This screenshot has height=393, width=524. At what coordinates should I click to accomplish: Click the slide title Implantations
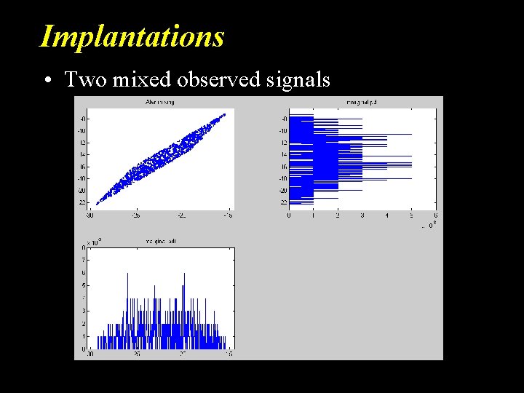(x=132, y=36)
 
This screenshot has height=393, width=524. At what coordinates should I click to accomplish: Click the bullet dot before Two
(x=46, y=79)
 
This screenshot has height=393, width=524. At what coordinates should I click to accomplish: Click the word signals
(x=298, y=79)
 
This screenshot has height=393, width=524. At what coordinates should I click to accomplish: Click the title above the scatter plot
(x=159, y=103)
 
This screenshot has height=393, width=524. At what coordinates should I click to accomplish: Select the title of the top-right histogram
(x=362, y=103)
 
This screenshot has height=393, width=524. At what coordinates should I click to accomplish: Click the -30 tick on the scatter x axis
(x=90, y=216)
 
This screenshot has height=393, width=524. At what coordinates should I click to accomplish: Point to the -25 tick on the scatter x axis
(x=136, y=216)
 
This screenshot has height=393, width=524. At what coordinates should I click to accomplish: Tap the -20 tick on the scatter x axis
(x=182, y=216)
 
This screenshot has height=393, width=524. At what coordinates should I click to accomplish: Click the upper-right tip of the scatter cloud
(x=224, y=114)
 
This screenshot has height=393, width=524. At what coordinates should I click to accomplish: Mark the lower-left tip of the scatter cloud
(x=98, y=203)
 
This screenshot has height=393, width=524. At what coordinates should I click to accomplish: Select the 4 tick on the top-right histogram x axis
(x=386, y=216)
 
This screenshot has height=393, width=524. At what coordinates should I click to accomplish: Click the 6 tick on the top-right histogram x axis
(x=435, y=216)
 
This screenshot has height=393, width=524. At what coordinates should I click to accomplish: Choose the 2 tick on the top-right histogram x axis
(x=338, y=216)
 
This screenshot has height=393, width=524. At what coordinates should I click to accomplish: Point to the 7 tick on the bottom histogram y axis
(x=84, y=260)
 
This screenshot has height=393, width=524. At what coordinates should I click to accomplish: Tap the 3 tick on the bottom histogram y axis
(x=84, y=311)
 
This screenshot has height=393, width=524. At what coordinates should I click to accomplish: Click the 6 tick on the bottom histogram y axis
(x=84, y=273)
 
